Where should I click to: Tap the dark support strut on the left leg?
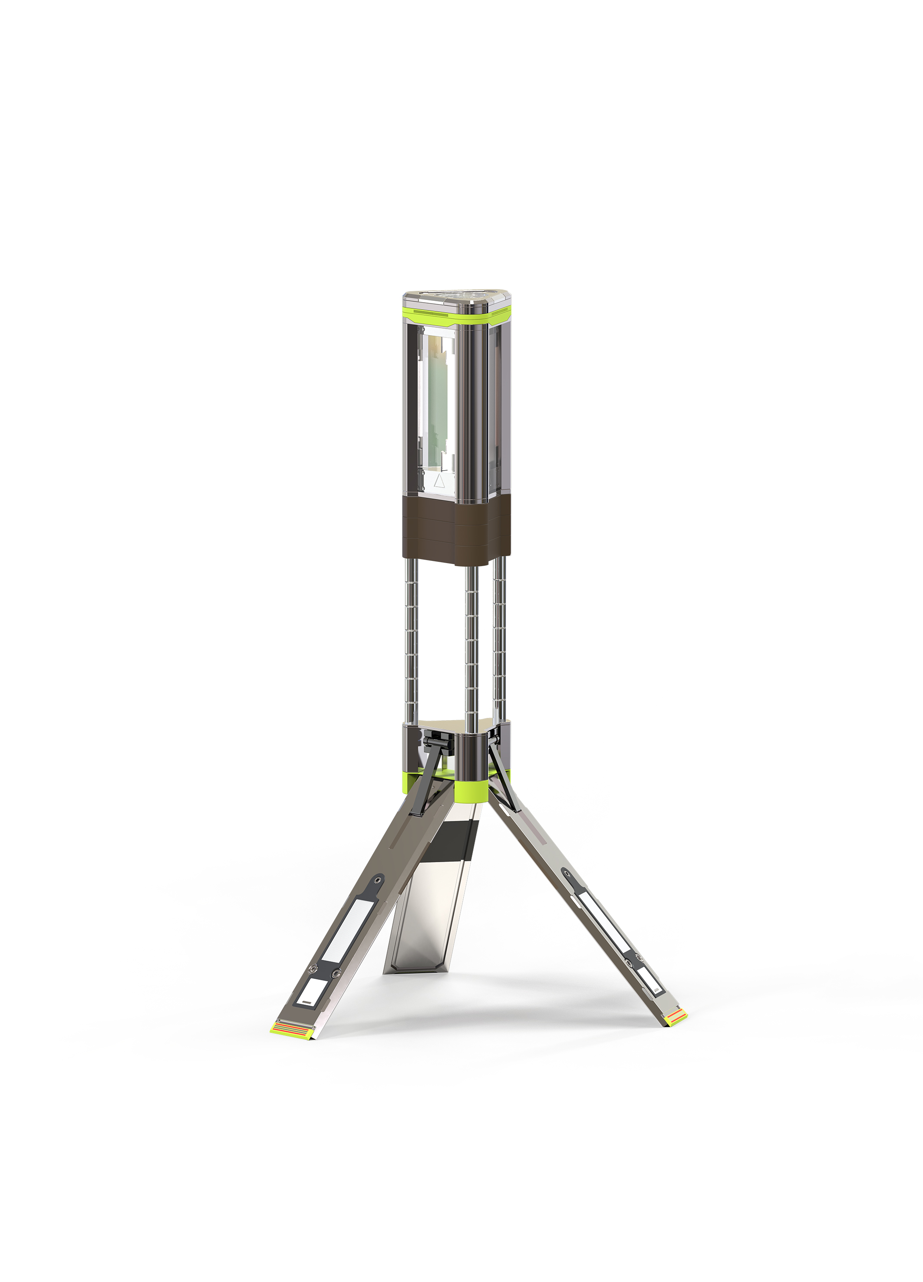coord(426,777)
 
